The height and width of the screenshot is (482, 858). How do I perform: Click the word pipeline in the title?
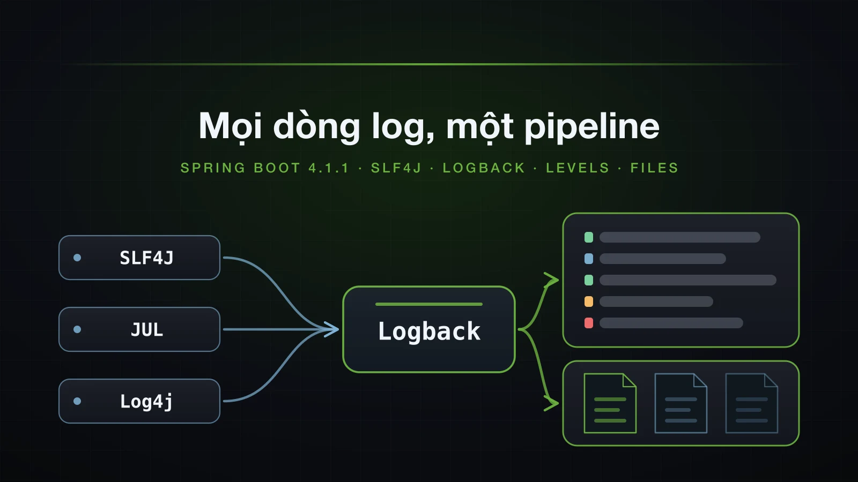point(592,126)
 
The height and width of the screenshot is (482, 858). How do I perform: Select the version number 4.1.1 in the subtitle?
point(329,168)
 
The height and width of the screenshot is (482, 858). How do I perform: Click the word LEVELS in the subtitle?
point(578,168)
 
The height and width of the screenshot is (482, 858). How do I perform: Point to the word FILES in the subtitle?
point(655,168)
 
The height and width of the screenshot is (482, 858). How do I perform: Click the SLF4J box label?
point(147,258)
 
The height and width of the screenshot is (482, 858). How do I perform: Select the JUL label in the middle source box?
point(147,329)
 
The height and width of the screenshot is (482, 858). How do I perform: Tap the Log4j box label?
point(147,402)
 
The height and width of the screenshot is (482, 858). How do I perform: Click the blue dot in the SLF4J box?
point(77,258)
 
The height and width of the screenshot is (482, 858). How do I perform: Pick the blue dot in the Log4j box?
point(77,401)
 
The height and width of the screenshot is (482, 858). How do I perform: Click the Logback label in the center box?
point(429,332)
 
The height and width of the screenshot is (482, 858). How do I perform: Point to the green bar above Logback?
point(429,304)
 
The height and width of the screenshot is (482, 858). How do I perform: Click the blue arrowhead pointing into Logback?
point(331,329)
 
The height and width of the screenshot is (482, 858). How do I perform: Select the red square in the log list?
point(589,323)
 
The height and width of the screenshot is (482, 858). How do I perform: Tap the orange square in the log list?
point(589,302)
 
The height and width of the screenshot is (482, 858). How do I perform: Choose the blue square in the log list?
point(589,259)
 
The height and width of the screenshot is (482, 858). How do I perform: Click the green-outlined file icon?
point(610,403)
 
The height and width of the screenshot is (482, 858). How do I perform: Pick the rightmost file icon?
point(751,403)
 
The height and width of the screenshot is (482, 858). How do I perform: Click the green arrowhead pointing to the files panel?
point(552,403)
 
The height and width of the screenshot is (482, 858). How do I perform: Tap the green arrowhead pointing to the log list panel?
point(552,280)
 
